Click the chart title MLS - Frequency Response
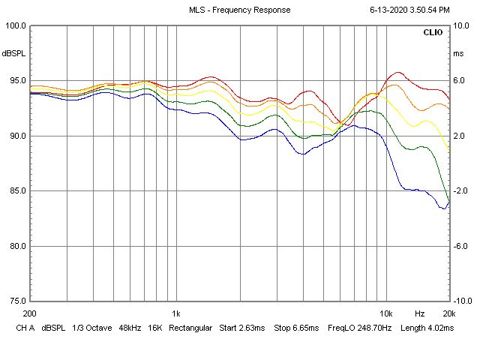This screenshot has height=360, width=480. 239,10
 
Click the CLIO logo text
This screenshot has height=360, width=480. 433,34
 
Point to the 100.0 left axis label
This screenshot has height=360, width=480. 16,25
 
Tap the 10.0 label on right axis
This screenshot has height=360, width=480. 462,25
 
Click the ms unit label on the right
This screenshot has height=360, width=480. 459,54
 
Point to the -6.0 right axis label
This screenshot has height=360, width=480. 462,246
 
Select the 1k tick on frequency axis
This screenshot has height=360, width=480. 175,313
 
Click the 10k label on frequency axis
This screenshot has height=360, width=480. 386,313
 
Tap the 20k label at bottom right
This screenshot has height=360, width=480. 448,313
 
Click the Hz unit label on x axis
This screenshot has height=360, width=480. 420,313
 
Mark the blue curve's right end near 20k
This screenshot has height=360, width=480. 449,202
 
